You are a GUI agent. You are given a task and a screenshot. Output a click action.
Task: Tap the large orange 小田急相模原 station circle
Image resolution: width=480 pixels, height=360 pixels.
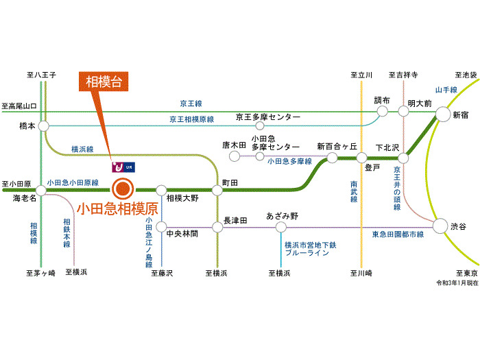(x=123, y=187)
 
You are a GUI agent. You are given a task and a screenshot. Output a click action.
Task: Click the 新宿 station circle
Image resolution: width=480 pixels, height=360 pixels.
(x=442, y=115)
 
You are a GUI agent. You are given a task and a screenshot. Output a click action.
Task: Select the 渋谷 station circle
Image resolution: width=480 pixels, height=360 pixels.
(x=441, y=226)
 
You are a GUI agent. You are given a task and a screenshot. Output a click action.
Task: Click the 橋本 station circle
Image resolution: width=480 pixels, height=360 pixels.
(x=44, y=126)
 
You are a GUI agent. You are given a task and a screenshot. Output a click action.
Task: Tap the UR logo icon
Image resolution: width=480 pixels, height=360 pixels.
(x=124, y=167)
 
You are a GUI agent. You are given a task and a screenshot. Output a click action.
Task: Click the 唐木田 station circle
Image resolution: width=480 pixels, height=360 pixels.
(x=235, y=156)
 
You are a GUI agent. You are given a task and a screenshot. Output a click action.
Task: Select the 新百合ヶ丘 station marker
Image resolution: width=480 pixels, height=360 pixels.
(x=333, y=158)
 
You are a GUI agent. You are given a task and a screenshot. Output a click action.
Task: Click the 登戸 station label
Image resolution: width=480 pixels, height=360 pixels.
(x=373, y=167)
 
